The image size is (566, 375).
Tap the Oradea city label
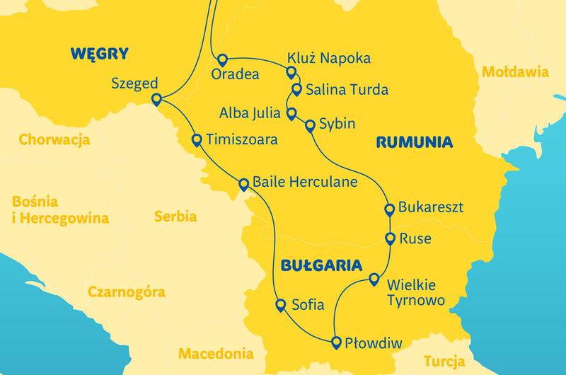[235, 74]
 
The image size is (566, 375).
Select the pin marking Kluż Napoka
[290, 71]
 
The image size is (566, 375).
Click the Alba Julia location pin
[291, 113]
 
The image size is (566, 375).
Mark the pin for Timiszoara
[196, 139]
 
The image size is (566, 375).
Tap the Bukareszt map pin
[389, 209]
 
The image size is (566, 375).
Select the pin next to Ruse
[390, 237]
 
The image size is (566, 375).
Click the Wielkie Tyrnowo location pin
[375, 279]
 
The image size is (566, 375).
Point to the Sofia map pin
[279, 304]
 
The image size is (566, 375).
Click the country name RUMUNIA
[415, 142]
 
